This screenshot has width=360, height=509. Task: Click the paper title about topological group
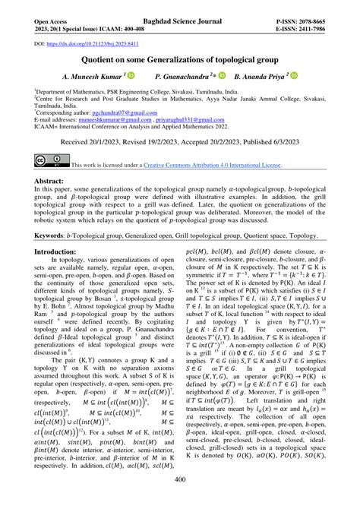pos(179,59)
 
